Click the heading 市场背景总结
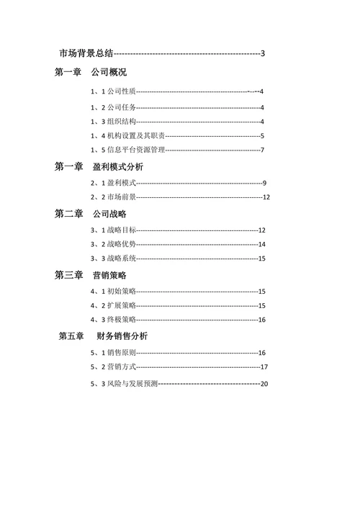(86, 53)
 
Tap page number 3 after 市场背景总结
(264, 53)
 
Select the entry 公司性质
(120, 91)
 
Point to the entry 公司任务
(120, 107)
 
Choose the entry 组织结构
(120, 122)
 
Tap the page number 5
(263, 135)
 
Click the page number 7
(263, 150)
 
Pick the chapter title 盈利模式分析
(117, 167)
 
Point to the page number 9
(265, 183)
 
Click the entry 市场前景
(120, 197)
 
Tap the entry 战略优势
(120, 244)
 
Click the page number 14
(262, 244)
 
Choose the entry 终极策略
(120, 319)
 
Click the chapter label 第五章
(72, 336)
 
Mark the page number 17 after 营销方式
(264, 367)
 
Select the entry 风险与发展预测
(131, 384)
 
